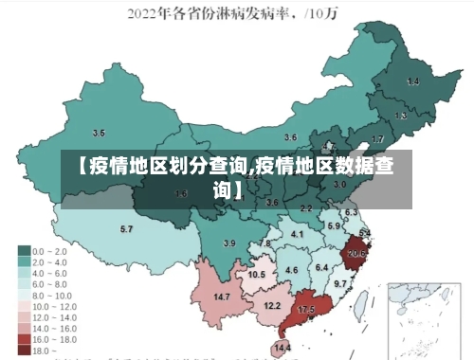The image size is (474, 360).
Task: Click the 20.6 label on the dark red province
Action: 357,253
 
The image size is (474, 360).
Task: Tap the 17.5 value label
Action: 306,310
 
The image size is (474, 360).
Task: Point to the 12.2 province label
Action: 272,305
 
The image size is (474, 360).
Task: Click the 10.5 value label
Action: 256,274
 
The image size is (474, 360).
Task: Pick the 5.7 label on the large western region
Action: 126,229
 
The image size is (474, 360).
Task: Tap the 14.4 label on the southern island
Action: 283,348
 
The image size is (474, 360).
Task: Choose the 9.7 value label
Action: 340,283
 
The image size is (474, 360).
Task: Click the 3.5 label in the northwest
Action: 99,133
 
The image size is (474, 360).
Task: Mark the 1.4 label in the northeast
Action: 412,81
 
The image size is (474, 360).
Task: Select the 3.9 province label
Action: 228,243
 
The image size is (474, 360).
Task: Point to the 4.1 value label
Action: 298,233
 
